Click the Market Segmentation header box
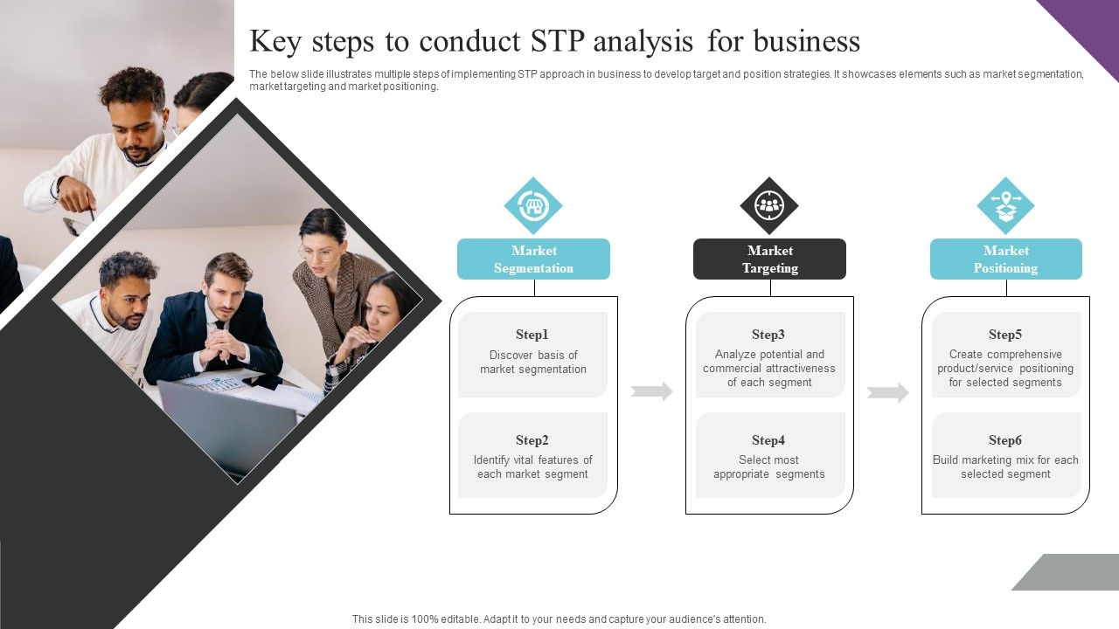(x=533, y=259)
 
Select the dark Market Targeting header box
(x=769, y=259)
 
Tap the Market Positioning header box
(x=1005, y=259)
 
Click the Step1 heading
(x=532, y=335)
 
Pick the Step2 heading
(x=532, y=440)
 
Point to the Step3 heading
(x=768, y=335)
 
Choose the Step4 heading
(x=768, y=440)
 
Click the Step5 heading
(x=1005, y=335)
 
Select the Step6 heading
(x=1005, y=440)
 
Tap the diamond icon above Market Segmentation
(x=533, y=206)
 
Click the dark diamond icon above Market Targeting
(x=769, y=206)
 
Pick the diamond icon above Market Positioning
(x=1005, y=206)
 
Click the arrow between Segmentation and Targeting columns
(x=652, y=391)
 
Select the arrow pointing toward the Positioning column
(x=888, y=392)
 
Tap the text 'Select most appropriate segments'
(x=768, y=467)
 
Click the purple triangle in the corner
(x=1088, y=26)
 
